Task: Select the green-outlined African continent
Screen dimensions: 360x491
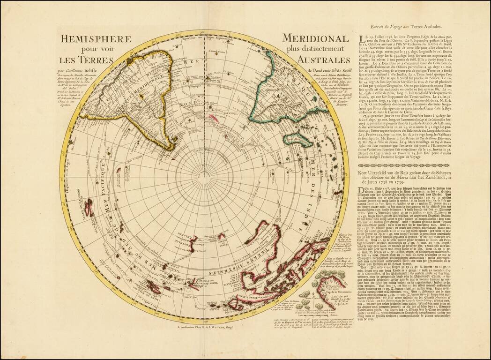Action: click(x=290, y=94)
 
